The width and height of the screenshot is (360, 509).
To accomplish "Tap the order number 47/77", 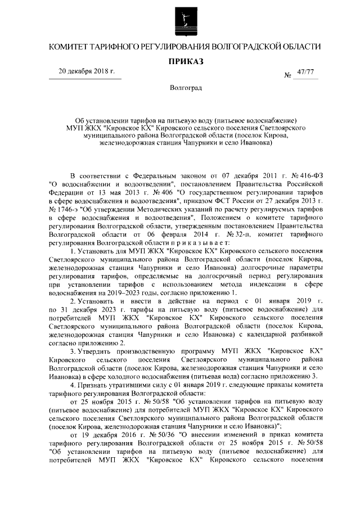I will click(306, 71).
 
